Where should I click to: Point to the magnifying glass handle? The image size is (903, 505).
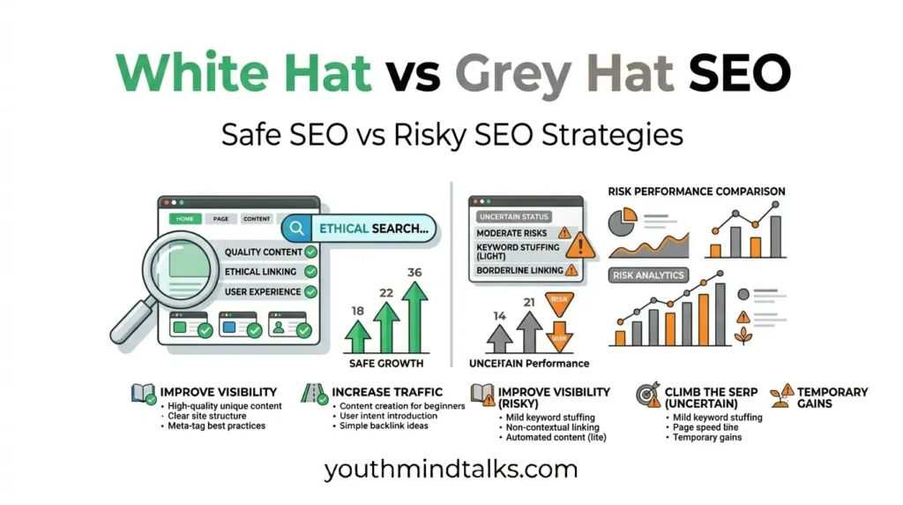[131, 321]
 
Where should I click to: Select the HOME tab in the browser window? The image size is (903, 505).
[184, 218]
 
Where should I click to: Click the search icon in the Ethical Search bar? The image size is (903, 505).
[298, 228]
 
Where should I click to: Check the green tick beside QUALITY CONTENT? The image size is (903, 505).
[310, 252]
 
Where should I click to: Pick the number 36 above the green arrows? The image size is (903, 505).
[414, 272]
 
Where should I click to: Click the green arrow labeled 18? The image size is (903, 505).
[357, 336]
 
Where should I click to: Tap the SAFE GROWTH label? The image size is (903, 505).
[386, 363]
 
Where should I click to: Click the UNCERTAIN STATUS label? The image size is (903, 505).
[513, 216]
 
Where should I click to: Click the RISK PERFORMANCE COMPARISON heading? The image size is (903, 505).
[697, 191]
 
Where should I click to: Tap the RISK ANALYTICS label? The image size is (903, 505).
[647, 275]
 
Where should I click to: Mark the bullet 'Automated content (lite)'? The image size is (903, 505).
[556, 438]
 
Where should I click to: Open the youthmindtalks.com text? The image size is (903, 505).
[451, 470]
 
